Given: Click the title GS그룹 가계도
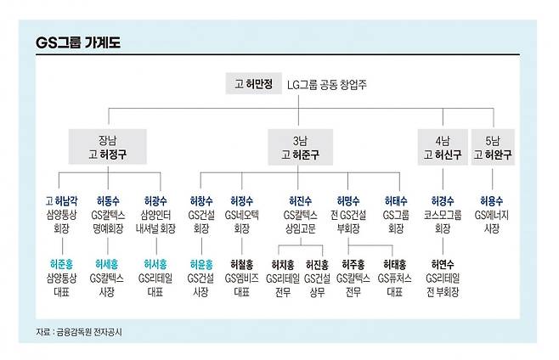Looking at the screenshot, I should [78, 42].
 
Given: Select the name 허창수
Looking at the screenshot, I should [200, 201].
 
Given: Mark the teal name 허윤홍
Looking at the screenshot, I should [200, 264].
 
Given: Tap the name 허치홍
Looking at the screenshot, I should [282, 264].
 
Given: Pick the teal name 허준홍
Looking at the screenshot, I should [61, 264].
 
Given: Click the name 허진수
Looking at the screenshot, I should [300, 201].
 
